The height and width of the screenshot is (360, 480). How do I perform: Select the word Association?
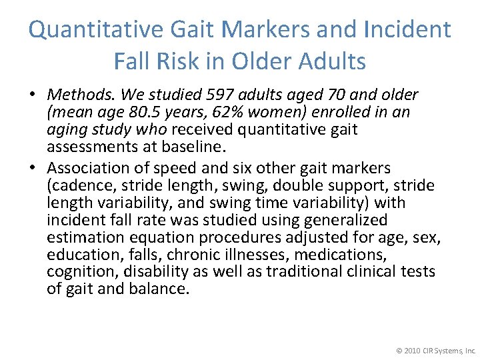point(85,168)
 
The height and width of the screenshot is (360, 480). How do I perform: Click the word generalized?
point(345,220)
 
